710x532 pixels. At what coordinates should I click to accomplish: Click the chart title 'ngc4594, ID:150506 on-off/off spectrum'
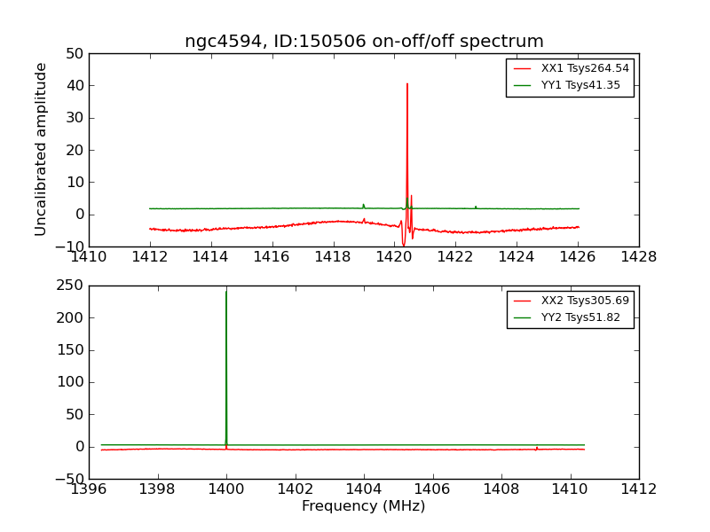pos(364,42)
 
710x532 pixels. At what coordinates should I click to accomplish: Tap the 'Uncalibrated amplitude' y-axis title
pos(41,149)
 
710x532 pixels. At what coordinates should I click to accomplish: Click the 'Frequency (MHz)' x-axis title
pos(364,506)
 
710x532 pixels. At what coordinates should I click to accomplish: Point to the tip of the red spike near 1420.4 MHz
pos(407,84)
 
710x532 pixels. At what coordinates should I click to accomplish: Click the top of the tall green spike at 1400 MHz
pos(226,292)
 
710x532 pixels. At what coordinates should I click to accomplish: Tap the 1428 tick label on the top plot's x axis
pos(639,257)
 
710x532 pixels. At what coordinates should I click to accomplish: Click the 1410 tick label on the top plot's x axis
pos(89,257)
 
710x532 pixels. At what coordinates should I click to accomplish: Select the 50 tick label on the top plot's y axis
pos(74,53)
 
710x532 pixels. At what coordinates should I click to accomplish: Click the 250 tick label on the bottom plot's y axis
pos(70,286)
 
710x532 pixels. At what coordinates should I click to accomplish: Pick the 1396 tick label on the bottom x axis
pos(89,489)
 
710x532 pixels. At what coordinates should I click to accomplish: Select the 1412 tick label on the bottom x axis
pos(639,489)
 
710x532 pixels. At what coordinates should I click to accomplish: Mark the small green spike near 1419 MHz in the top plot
pos(363,205)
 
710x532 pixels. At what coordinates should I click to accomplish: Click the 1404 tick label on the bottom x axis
pos(364,489)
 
